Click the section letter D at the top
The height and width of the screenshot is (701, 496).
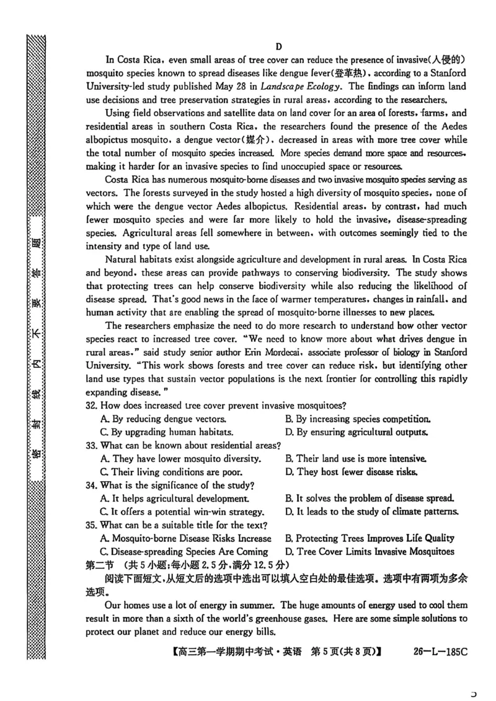pos(279,47)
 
